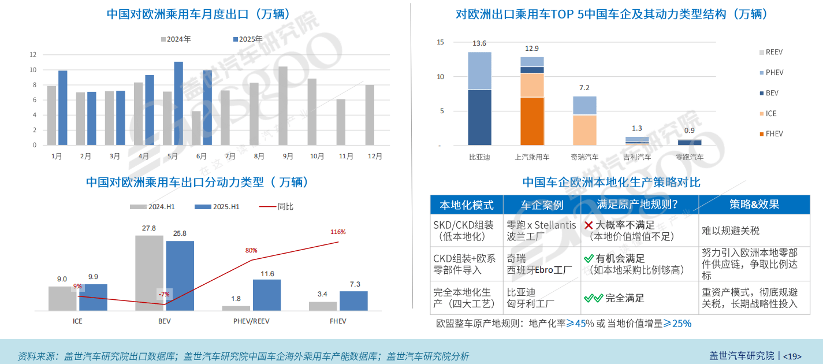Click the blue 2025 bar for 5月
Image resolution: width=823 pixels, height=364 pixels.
tap(178, 103)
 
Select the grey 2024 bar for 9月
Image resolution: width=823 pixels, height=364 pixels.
tap(283, 106)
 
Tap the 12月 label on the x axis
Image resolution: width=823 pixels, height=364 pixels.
tap(375, 156)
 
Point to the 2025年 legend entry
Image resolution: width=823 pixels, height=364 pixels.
tap(247, 39)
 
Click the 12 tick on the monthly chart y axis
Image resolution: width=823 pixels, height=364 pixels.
tap(33, 55)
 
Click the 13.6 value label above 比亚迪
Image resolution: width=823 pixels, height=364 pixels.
tap(479, 43)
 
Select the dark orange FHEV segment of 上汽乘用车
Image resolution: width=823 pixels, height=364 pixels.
tap(532, 121)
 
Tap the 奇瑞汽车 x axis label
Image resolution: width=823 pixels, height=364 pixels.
tap(584, 157)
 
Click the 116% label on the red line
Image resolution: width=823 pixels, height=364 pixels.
tap(338, 232)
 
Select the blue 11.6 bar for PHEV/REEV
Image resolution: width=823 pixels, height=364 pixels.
tap(267, 295)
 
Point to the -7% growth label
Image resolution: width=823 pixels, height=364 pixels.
tap(164, 294)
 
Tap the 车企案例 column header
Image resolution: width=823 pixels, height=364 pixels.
tap(542, 205)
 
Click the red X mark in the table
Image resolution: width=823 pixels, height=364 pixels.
tap(589, 225)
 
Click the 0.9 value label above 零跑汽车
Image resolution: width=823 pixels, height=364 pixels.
tap(690, 131)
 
